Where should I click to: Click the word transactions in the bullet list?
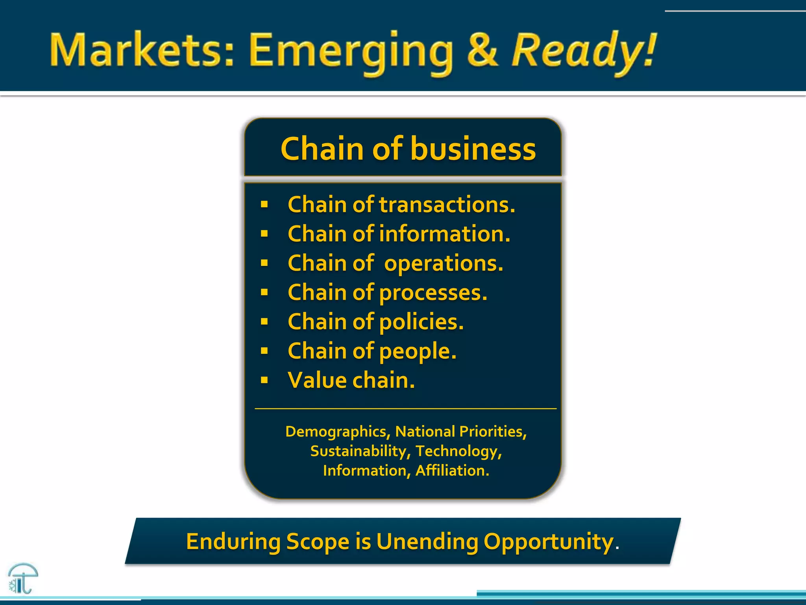[x=447, y=205]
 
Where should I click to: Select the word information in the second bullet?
[x=444, y=234]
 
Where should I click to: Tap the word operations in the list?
[x=444, y=264]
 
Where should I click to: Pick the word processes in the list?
[x=433, y=293]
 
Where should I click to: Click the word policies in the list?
[x=421, y=322]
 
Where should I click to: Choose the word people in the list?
[x=418, y=351]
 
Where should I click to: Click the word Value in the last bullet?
[x=317, y=380]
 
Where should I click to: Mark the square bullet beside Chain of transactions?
[x=264, y=204]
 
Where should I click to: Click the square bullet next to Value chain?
[x=264, y=380]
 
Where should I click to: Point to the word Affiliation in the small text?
[x=452, y=471]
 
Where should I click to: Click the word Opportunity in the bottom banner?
[x=548, y=542]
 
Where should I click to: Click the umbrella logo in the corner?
[x=23, y=578]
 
